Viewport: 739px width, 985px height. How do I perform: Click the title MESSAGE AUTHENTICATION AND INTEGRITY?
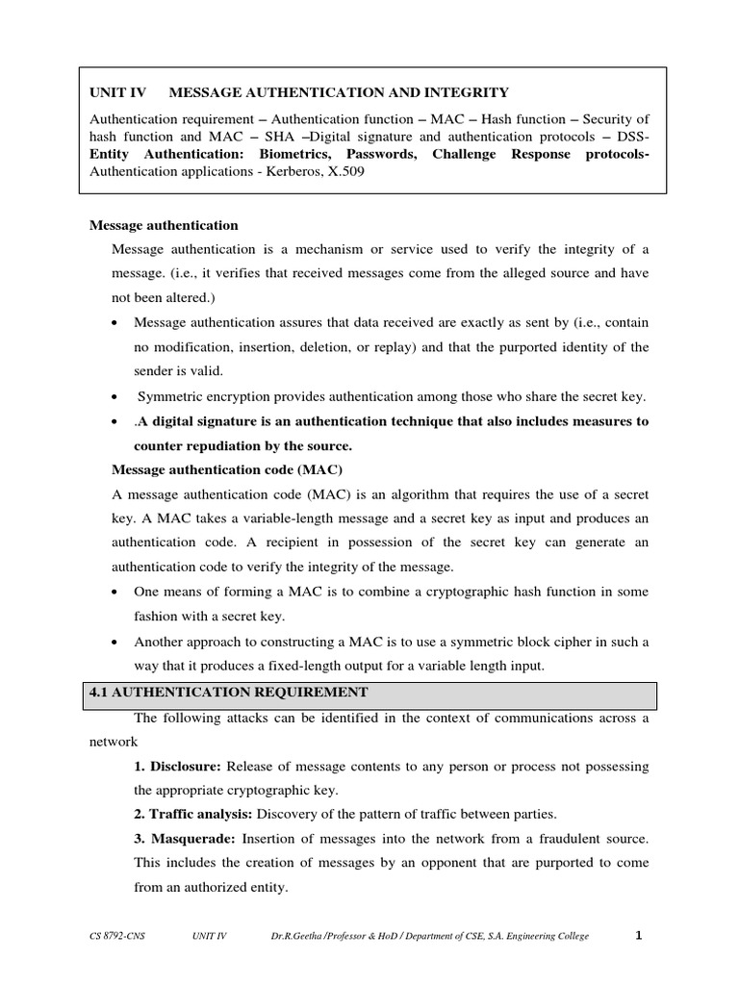click(x=339, y=92)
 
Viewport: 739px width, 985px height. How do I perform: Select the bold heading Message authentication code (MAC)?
click(x=227, y=468)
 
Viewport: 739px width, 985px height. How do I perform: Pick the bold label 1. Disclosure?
click(x=178, y=766)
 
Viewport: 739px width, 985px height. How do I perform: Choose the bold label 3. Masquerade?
click(x=185, y=839)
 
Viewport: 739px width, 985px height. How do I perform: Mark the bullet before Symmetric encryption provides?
click(x=115, y=397)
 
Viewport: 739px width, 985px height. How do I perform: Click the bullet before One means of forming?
click(x=115, y=593)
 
